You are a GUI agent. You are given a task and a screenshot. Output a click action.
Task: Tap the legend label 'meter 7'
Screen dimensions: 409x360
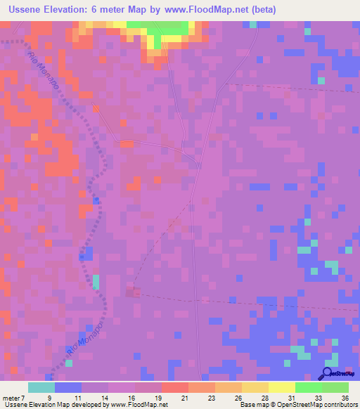click(x=13, y=397)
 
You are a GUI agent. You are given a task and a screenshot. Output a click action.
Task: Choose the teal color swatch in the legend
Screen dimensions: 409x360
click(x=41, y=387)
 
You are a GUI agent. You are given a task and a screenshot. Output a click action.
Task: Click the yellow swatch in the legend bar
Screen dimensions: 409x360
click(x=282, y=387)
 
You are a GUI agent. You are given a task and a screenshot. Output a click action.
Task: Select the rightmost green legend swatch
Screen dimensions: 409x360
click(x=335, y=387)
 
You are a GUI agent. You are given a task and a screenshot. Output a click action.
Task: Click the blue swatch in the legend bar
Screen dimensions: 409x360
click(x=68, y=387)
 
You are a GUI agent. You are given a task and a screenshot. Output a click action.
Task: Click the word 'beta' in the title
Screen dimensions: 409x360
click(x=264, y=10)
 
